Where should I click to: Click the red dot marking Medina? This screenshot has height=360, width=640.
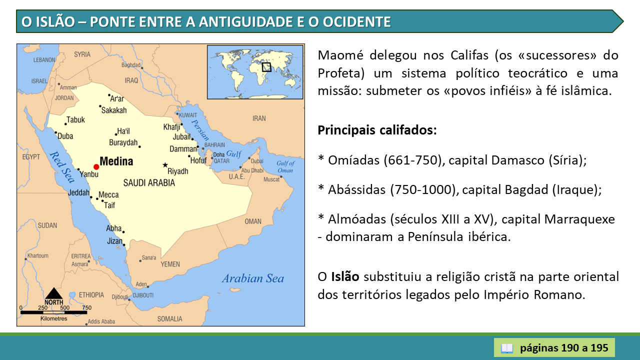point(96,167)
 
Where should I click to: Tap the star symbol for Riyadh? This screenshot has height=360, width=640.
point(165,165)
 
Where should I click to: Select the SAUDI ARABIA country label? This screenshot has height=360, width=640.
point(149,183)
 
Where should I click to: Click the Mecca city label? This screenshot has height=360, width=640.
point(108,195)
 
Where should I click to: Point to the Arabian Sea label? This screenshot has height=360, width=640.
point(253,278)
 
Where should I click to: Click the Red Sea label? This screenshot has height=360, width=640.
point(62,167)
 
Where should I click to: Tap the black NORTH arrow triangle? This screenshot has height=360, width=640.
point(53,293)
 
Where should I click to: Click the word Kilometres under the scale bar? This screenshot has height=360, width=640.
point(53,318)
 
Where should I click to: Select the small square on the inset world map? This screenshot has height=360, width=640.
point(266,67)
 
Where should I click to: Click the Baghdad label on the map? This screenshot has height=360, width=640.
point(131,65)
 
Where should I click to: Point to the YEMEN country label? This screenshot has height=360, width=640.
point(170,264)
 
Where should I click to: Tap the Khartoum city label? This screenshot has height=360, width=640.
point(37,255)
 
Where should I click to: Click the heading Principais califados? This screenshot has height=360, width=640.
point(377,130)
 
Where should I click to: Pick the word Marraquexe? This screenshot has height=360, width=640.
point(579,219)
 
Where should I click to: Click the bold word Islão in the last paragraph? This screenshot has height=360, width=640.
point(345,276)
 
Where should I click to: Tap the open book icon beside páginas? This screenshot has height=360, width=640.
point(507,348)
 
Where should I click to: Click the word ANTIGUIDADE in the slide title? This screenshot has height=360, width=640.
point(245,21)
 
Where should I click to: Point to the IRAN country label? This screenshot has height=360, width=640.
point(259,118)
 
